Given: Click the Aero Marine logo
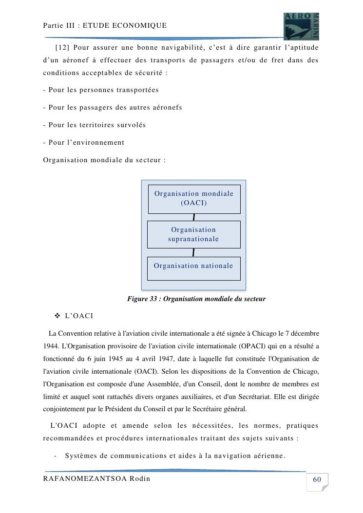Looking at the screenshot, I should point(301,26).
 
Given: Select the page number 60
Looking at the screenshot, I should point(317,480).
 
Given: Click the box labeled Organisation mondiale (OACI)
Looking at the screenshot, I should point(194,199).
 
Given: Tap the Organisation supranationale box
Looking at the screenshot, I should point(193,234).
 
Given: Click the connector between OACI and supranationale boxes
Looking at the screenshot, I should point(194,217).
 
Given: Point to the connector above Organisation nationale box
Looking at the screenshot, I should point(193,252).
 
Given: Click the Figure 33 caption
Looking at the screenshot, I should point(196,299).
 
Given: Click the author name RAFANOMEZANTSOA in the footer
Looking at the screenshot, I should point(85,478).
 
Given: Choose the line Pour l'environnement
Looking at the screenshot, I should point(84,143).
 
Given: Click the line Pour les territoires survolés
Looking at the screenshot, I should point(95,125).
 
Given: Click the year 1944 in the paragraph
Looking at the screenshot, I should point(51,346).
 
